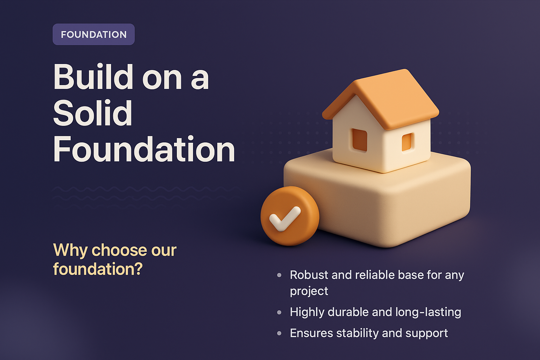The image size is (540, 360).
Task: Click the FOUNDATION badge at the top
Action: click(94, 34)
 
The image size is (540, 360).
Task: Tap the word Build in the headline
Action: click(93, 77)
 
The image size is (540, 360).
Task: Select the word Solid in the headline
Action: click(92, 113)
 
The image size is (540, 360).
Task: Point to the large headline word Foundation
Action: click(144, 150)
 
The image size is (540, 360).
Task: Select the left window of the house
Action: click(359, 140)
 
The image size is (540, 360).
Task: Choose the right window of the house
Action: click(407, 142)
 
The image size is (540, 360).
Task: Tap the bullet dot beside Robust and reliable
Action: click(279, 275)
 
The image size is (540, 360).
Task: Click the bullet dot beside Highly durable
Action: click(279, 312)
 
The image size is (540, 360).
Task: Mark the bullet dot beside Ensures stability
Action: click(279, 333)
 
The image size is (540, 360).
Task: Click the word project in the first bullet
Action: click(309, 291)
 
